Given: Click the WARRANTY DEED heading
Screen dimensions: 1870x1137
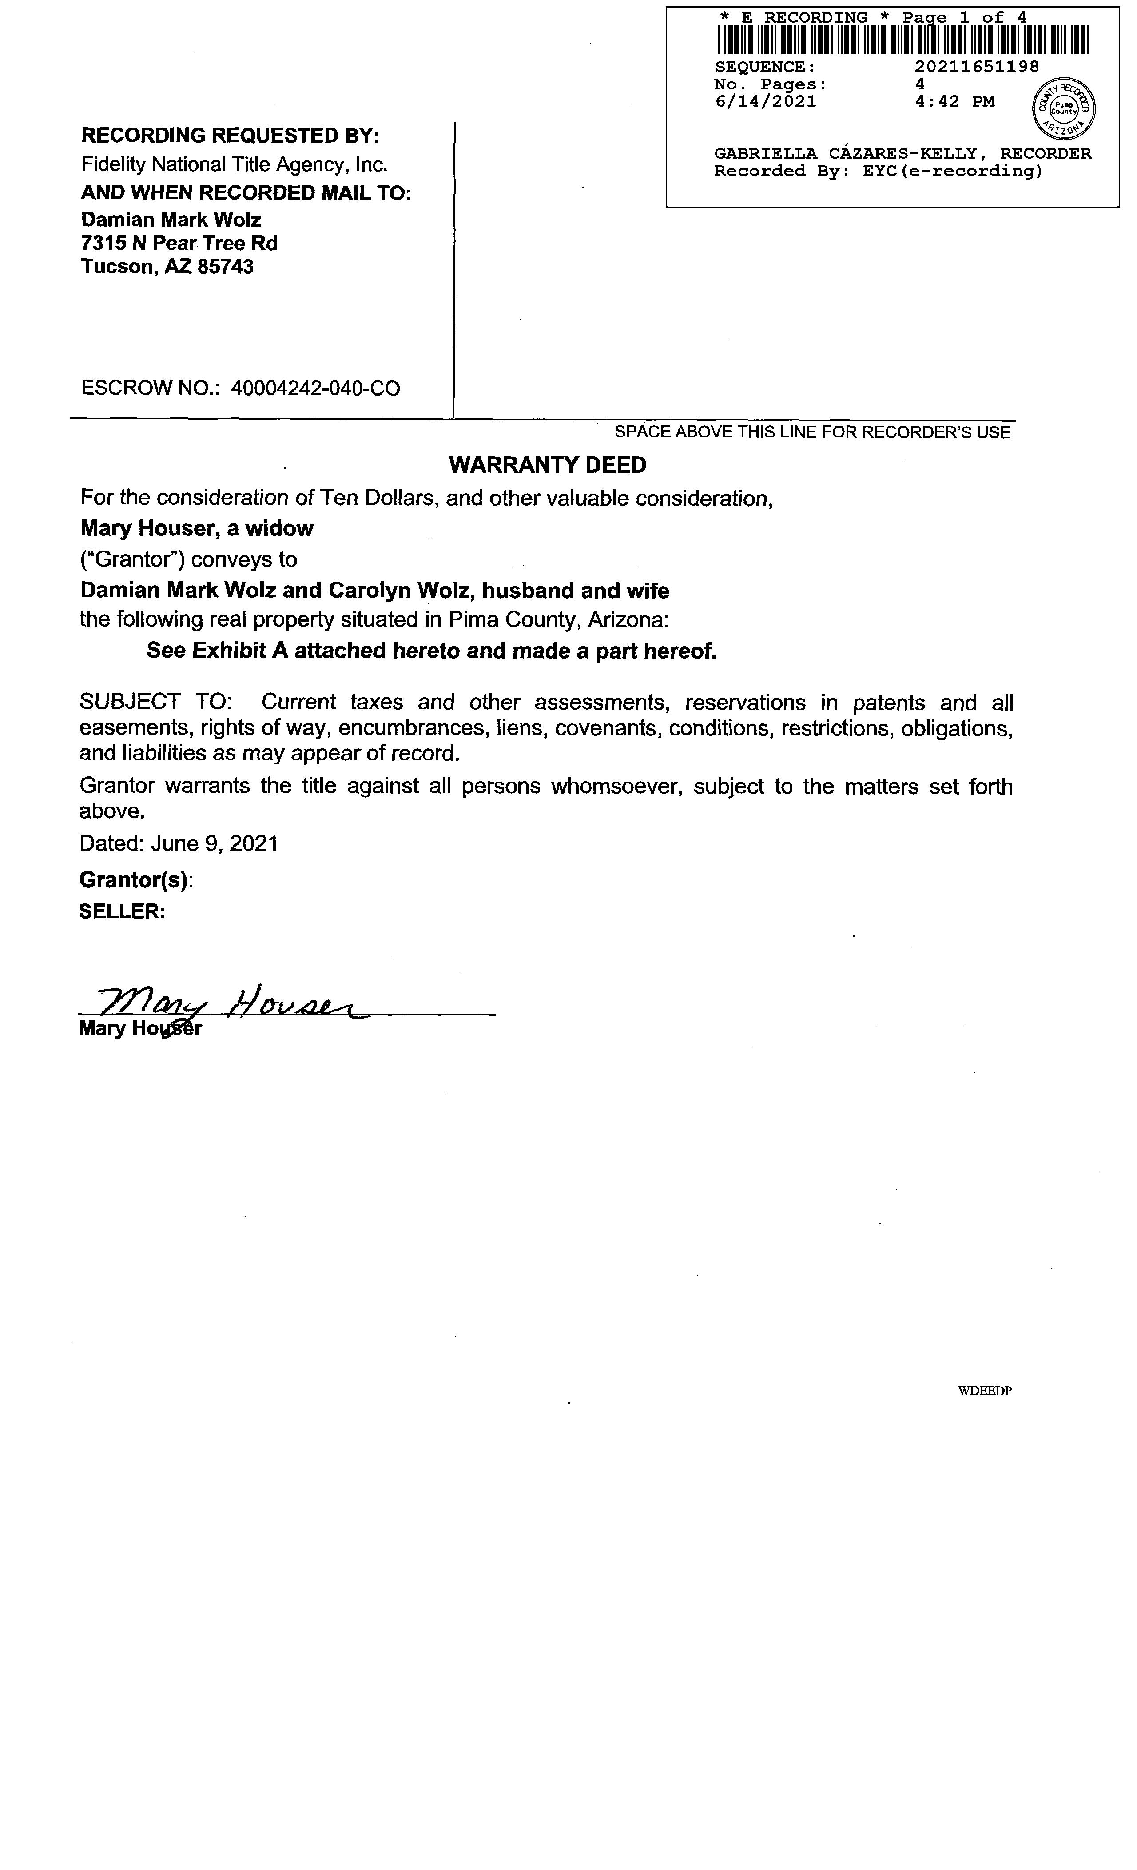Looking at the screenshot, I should [548, 465].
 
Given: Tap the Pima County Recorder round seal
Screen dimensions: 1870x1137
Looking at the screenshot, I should [1064, 108].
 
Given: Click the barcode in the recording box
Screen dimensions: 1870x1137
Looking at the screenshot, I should [902, 40].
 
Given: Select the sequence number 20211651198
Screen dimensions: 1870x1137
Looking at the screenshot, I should [977, 67].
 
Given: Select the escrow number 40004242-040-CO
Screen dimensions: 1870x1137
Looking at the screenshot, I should [315, 388].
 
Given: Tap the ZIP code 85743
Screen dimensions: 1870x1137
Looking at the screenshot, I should [225, 267].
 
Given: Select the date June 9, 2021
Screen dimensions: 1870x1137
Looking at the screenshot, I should [215, 844].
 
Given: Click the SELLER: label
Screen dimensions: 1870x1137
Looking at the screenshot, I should [121, 911].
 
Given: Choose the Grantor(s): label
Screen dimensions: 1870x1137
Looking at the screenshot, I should [136, 880].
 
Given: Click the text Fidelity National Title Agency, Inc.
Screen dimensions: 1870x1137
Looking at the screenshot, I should [235, 165].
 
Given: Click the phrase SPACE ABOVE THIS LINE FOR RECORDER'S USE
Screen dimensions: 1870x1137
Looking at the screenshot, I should [812, 432].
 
